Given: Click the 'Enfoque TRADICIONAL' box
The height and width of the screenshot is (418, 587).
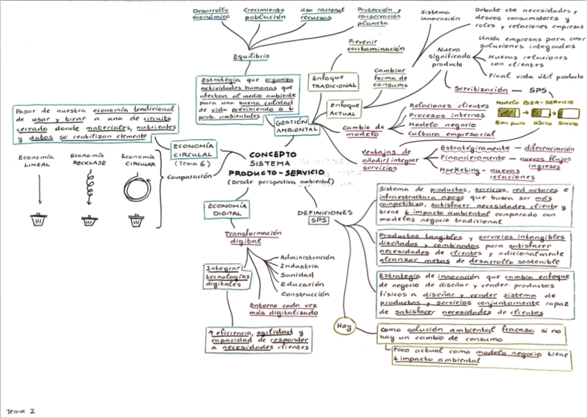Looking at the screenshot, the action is (334, 82).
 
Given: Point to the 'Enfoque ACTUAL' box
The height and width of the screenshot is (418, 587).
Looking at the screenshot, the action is (344, 109).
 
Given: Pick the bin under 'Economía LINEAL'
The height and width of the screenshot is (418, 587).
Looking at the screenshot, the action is (38, 220).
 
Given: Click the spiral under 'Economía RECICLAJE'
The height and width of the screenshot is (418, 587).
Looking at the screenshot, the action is (88, 186).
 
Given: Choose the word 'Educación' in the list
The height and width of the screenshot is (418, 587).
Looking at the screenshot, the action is (302, 284).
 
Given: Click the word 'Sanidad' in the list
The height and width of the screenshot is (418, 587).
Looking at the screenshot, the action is (296, 275).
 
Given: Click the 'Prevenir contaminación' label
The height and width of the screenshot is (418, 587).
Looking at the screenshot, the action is (377, 46).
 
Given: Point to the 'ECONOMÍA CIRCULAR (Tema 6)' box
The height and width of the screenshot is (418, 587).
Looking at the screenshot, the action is (194, 154).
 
